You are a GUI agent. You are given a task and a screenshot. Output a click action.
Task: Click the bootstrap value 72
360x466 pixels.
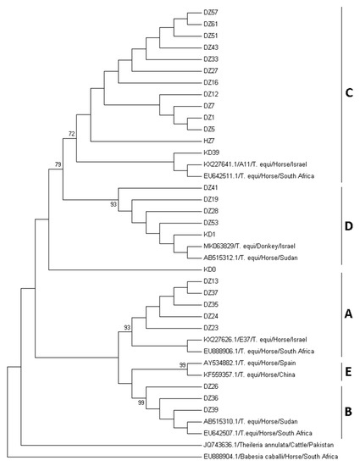(73, 134)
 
